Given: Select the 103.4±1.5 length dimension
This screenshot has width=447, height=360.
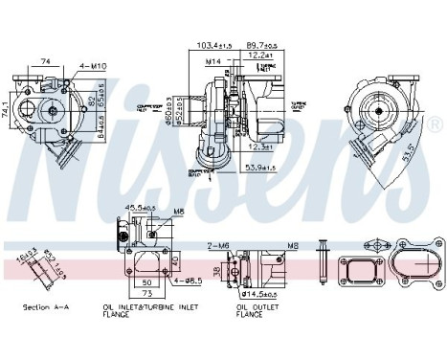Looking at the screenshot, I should click(x=214, y=45).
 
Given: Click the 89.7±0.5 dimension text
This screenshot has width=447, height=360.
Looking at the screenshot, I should click(x=261, y=45).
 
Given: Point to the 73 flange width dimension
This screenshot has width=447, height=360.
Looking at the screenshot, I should click(x=146, y=293).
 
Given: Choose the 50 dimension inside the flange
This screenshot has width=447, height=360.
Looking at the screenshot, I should click(x=146, y=284).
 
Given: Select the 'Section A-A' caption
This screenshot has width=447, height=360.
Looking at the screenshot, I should click(x=42, y=307).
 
